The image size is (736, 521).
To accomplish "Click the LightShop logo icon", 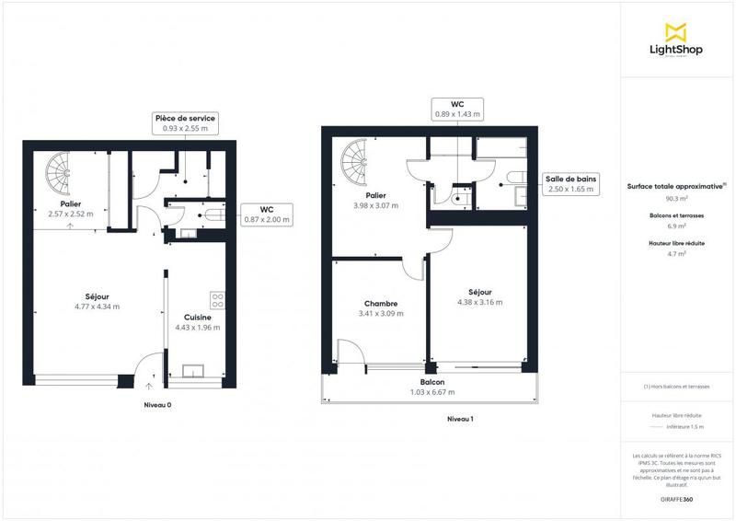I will pyautogui.click(x=676, y=32).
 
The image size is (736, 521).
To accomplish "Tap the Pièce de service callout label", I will pyautogui.click(x=185, y=124).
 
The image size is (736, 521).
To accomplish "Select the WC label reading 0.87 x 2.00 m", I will pyautogui.click(x=267, y=214).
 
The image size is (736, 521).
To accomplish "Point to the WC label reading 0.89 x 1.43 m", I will pyautogui.click(x=457, y=109).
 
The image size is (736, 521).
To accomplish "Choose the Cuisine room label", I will pyautogui.click(x=198, y=321).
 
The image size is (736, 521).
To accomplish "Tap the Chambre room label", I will pyautogui.click(x=380, y=308).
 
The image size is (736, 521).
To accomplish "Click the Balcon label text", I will pyautogui.click(x=432, y=387).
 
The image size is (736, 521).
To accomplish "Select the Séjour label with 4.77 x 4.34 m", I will pyautogui.click(x=98, y=301).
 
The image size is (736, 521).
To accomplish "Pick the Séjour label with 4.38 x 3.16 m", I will pyautogui.click(x=475, y=296).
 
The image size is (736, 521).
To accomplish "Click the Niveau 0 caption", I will pyautogui.click(x=158, y=405).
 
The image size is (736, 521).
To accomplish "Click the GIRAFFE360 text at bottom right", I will pyautogui.click(x=676, y=498).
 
